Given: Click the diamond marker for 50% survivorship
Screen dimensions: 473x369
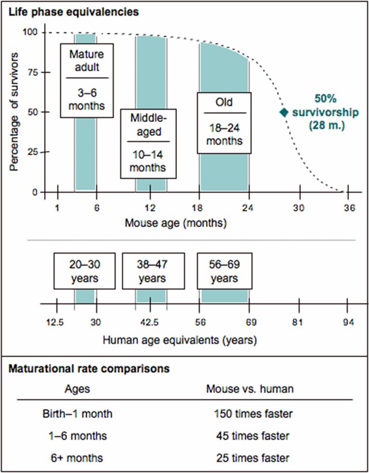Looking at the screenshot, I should pyautogui.click(x=284, y=112).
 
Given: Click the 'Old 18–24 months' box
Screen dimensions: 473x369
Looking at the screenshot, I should pyautogui.click(x=224, y=123).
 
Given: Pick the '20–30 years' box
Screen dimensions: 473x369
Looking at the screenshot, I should pyautogui.click(x=85, y=271).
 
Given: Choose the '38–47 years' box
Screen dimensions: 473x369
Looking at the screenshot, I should pyautogui.click(x=152, y=271).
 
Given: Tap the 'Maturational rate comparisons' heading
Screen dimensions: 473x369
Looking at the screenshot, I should pyautogui.click(x=90, y=369).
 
